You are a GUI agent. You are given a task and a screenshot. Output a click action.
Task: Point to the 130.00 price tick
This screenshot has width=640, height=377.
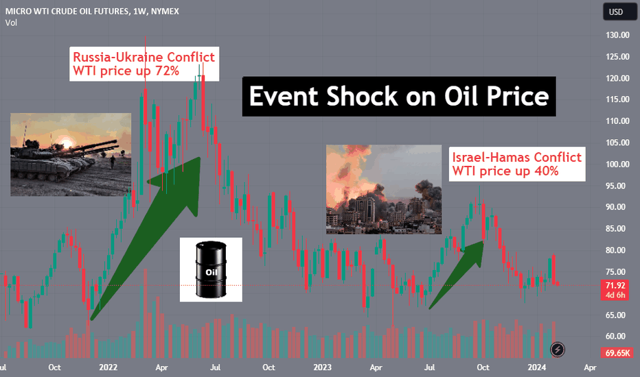(617, 35)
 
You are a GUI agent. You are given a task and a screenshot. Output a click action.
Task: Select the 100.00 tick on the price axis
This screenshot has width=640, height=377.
(617, 165)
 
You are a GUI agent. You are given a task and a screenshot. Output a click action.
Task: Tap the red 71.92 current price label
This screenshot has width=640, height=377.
(615, 285)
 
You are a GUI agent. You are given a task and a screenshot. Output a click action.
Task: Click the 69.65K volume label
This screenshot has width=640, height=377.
(617, 353)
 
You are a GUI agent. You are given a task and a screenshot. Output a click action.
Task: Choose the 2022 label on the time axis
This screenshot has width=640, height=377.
(108, 367)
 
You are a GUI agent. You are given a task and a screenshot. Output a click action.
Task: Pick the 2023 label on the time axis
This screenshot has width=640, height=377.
(322, 367)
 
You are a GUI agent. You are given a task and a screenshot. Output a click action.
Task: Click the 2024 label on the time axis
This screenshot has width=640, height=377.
(537, 367)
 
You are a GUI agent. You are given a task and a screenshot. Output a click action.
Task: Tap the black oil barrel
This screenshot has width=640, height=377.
(211, 269)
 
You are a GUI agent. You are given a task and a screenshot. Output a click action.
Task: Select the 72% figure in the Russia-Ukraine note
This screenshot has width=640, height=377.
(167, 71)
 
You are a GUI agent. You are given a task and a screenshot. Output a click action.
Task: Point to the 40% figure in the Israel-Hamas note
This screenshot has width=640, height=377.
(546, 171)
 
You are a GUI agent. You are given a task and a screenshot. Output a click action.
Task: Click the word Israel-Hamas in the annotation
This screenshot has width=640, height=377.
(491, 158)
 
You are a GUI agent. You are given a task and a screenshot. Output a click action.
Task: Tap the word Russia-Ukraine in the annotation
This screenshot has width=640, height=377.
(117, 57)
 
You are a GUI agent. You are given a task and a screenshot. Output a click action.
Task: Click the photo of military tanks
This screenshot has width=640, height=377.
(71, 154)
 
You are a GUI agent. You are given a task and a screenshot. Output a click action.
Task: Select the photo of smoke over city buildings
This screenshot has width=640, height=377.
(384, 189)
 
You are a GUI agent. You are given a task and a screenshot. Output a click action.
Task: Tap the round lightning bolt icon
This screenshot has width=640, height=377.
(558, 350)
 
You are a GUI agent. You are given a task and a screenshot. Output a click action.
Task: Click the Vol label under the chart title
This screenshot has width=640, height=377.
(11, 23)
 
